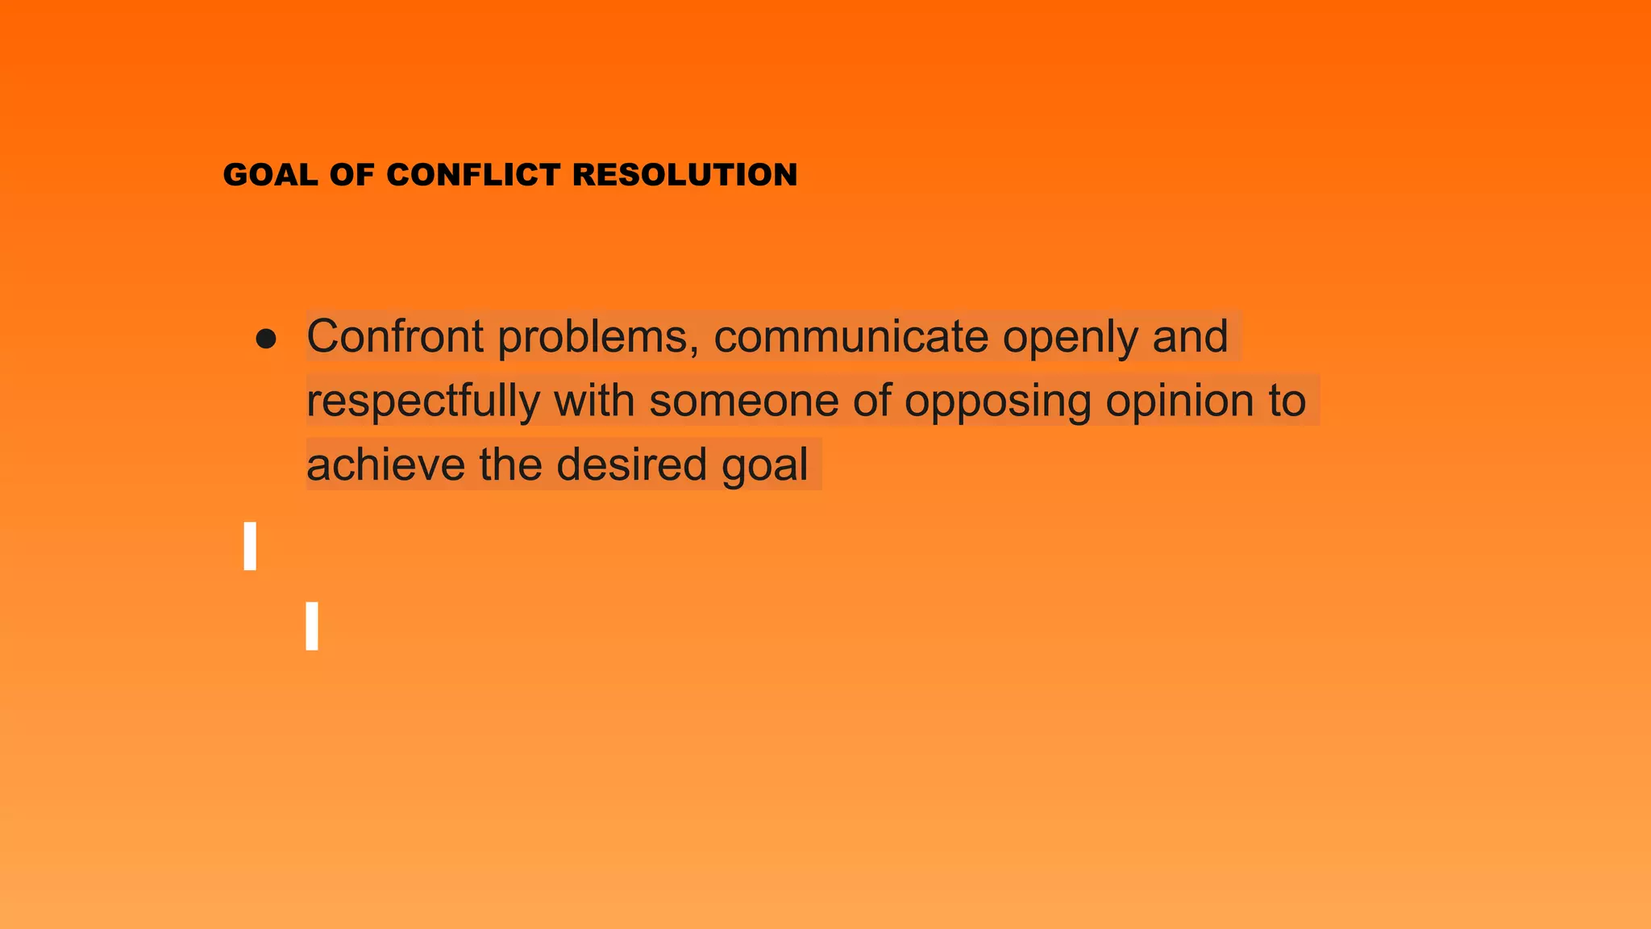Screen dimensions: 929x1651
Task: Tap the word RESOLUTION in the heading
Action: coord(685,175)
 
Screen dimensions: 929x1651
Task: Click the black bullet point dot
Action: coord(265,339)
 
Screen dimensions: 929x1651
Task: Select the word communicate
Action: coord(851,336)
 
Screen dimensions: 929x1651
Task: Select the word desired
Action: coord(631,464)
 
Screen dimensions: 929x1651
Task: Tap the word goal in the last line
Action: coord(765,466)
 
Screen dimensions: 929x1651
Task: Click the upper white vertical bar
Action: coord(250,546)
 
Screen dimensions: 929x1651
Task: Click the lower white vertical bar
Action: coord(312,626)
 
